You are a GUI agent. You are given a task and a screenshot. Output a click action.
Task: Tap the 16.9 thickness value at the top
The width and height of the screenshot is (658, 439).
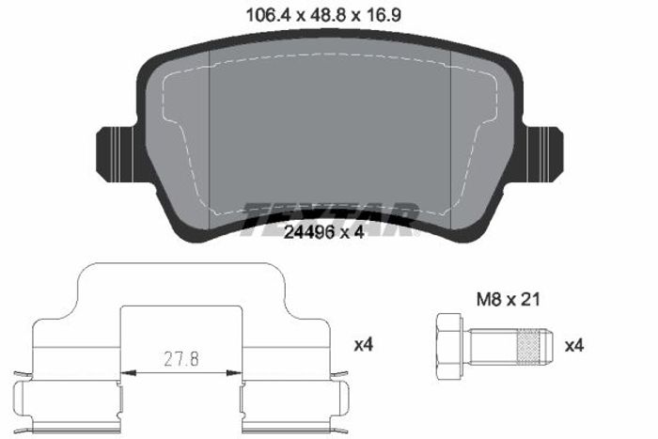(x=382, y=16)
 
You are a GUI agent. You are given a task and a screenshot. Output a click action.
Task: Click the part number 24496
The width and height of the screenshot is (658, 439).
(x=309, y=231)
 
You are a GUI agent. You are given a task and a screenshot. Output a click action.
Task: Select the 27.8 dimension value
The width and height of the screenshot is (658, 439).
(x=181, y=359)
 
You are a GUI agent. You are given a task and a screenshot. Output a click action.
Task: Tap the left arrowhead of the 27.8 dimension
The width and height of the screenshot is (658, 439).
(x=129, y=372)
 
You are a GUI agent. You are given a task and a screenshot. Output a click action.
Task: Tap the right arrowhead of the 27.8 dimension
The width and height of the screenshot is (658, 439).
(x=234, y=372)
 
